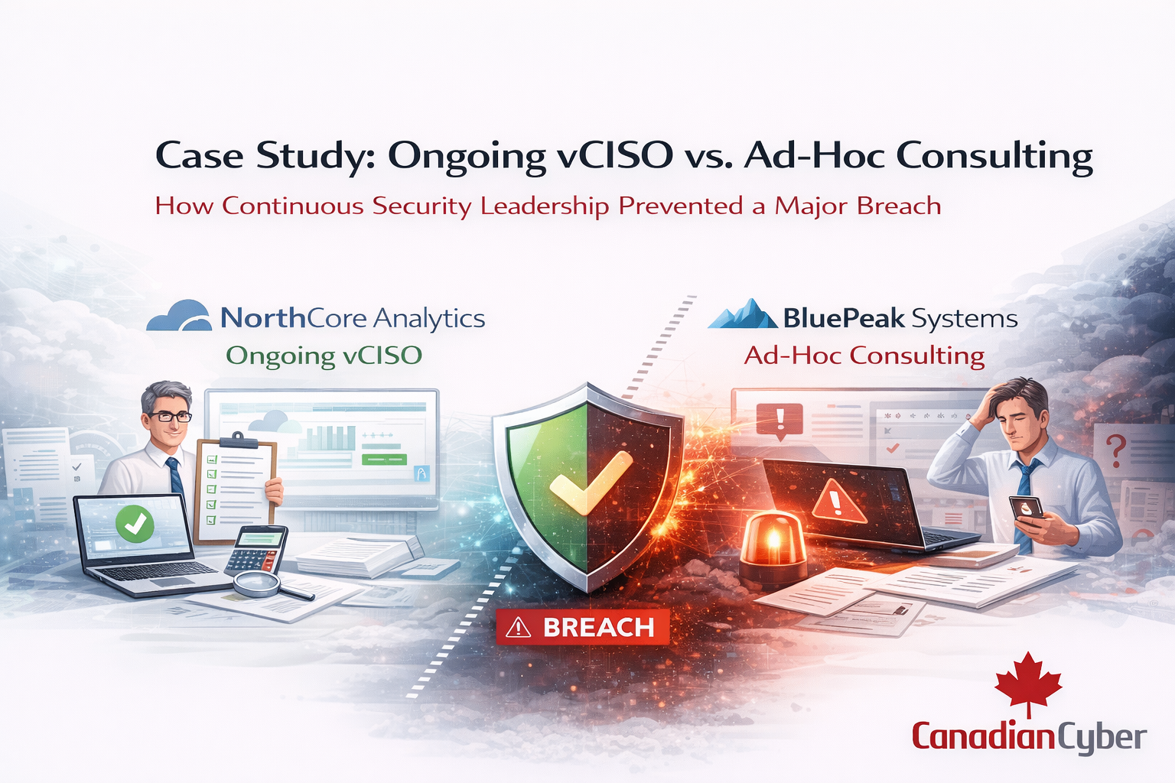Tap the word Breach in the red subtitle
899,205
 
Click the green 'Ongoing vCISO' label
324,356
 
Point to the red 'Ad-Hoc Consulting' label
864,356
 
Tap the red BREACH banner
582,626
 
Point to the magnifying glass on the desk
273,586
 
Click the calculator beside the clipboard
256,551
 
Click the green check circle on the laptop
135,524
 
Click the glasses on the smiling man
169,417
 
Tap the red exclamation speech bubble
780,421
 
